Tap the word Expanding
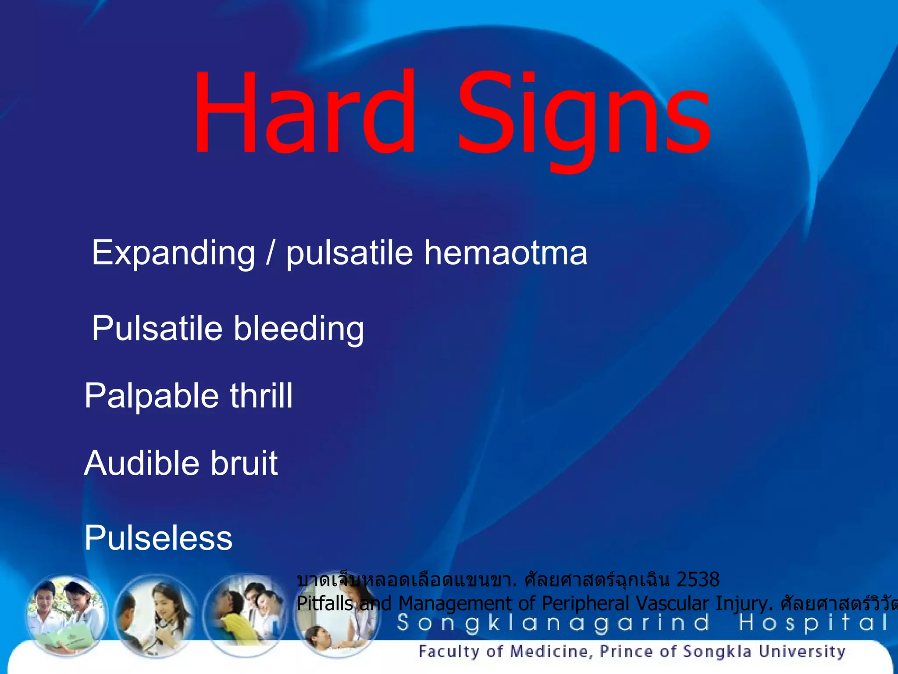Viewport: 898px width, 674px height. [173, 254]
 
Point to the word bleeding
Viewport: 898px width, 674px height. [299, 329]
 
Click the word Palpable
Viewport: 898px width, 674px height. [151, 396]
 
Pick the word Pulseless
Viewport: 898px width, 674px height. [158, 538]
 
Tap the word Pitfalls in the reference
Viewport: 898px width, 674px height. [325, 604]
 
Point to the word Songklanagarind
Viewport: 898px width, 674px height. [552, 623]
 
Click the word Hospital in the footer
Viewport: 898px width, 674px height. [813, 623]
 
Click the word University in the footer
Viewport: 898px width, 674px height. [802, 652]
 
